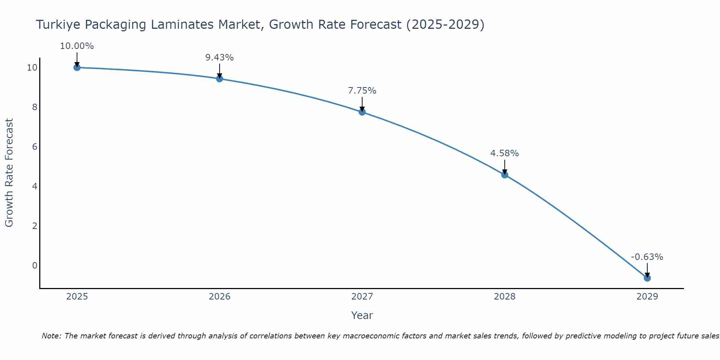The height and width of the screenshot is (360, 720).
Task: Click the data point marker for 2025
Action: pos(77,67)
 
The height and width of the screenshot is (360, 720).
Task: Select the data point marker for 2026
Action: pos(220,78)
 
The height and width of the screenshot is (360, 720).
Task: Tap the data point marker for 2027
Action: pos(362,112)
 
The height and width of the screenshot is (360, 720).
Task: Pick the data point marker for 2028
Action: pos(505,175)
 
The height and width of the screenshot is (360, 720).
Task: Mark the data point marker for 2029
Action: pos(647,278)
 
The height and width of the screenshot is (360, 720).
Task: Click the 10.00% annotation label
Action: pos(77,46)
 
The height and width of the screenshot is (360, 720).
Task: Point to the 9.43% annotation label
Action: pos(220,58)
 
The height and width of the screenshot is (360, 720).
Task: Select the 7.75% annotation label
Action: pos(362,91)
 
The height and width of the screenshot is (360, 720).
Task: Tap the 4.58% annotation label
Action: pos(505,153)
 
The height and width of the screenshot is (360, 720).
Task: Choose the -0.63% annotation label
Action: pos(647,257)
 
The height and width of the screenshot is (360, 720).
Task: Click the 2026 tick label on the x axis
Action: pos(220,297)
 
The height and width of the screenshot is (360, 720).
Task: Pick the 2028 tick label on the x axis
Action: pos(505,297)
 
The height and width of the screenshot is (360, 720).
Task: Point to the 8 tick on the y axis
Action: pos(35,107)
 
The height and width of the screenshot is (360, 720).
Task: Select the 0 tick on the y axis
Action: pos(35,265)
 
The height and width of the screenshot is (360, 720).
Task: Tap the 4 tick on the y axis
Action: pos(35,186)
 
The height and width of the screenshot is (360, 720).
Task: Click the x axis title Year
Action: pos(362,315)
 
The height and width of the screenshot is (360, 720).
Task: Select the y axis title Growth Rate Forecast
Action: pos(9,173)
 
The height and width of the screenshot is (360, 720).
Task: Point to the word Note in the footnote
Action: pos(52,336)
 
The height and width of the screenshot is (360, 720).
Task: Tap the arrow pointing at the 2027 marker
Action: pos(362,104)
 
